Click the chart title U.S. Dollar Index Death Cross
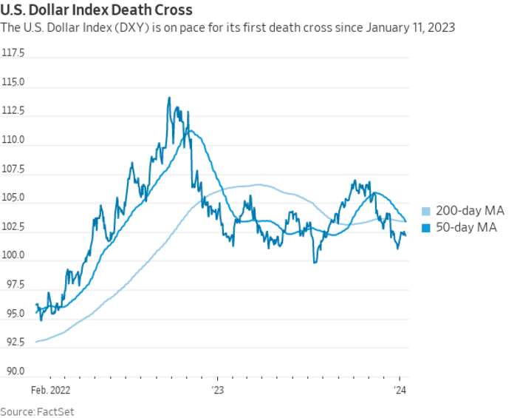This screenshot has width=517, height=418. pyautogui.click(x=97, y=10)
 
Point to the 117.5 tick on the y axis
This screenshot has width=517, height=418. pyautogui.click(x=13, y=54)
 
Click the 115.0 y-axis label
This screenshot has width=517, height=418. pyautogui.click(x=13, y=83)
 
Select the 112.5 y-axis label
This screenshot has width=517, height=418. pyautogui.click(x=13, y=112)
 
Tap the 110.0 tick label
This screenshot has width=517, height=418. pyautogui.click(x=13, y=141)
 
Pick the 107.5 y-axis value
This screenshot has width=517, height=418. pyautogui.click(x=13, y=169)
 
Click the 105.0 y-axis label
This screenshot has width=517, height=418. pyautogui.click(x=13, y=198)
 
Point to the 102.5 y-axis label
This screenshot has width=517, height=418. pyautogui.click(x=13, y=227)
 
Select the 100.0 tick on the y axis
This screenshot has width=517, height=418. pyautogui.click(x=13, y=256)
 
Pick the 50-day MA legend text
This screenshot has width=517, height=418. pyautogui.click(x=466, y=228)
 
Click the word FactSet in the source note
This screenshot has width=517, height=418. pyautogui.click(x=58, y=411)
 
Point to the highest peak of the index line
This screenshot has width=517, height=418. pyautogui.click(x=169, y=98)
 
